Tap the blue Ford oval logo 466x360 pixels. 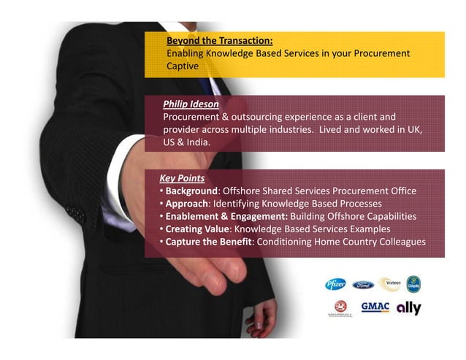point(363,286)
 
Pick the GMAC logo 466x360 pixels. point(375,307)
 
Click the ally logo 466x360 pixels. point(409,308)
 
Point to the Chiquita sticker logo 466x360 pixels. point(413,284)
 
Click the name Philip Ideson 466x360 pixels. point(191,104)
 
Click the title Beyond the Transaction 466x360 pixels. point(220,41)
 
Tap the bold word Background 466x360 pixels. point(191,191)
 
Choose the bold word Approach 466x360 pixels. point(187,204)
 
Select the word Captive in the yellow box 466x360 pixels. point(183,66)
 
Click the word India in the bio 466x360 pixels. point(198,142)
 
